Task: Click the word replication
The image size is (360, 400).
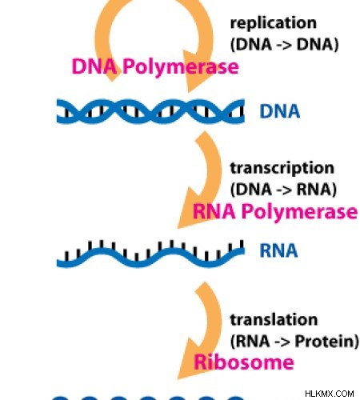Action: click(x=274, y=24)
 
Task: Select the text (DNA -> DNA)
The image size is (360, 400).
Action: click(x=284, y=44)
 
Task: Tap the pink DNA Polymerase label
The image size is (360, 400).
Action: click(x=155, y=67)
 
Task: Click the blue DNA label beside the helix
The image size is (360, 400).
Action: click(x=280, y=111)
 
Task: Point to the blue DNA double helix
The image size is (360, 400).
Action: click(x=150, y=111)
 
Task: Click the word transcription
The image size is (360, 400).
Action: click(x=282, y=169)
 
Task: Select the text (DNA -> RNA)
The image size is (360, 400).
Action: click(x=283, y=190)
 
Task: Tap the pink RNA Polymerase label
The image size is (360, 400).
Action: click(x=275, y=212)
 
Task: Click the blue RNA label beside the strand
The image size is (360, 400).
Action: click(x=278, y=250)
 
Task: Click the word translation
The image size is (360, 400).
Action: click(x=274, y=319)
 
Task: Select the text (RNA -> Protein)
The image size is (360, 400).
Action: click(x=294, y=341)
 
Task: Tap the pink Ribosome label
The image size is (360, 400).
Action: click(x=244, y=362)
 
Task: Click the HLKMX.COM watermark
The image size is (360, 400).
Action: click(x=330, y=394)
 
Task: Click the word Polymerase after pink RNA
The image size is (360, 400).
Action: click(x=299, y=212)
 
